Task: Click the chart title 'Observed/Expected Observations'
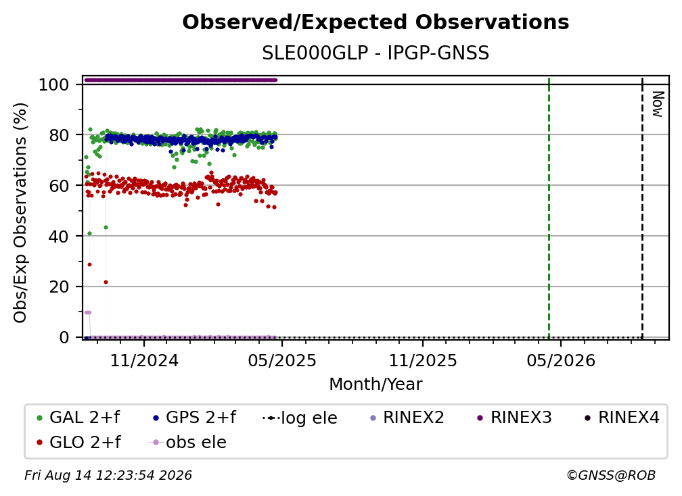[x=376, y=22]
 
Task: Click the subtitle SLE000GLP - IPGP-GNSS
[x=376, y=53]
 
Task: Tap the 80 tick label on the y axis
[x=59, y=136]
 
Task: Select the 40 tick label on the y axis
[x=59, y=237]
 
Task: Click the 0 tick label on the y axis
[x=64, y=337]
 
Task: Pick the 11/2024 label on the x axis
[x=144, y=360]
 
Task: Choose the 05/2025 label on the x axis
[x=282, y=360]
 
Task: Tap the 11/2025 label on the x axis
[x=423, y=360]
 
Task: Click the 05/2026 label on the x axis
[x=561, y=360]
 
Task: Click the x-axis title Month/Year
[x=376, y=385]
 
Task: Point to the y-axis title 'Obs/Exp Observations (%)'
[x=20, y=213]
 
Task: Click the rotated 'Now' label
[x=658, y=104]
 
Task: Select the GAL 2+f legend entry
[x=78, y=418]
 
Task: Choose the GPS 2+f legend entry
[x=195, y=418]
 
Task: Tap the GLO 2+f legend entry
[x=78, y=443]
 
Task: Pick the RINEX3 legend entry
[x=514, y=418]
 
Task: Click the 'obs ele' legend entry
[x=187, y=443]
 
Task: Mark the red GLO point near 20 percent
[x=106, y=282]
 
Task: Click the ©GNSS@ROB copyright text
[x=611, y=475]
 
